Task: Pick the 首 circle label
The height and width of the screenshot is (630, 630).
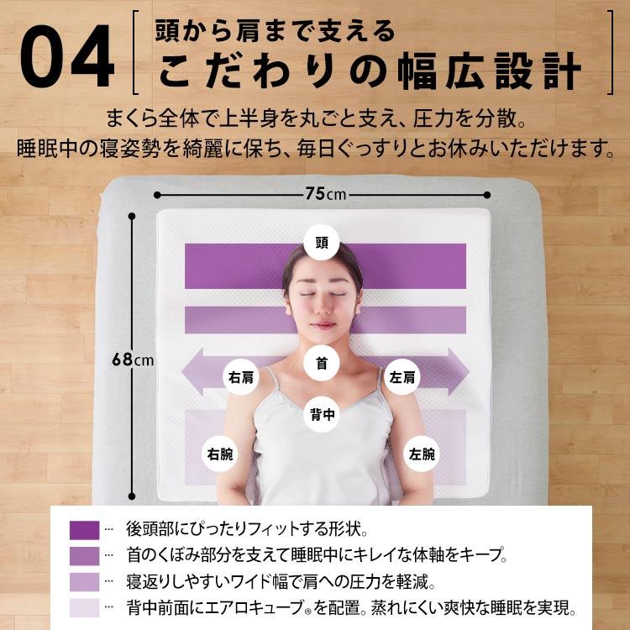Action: [321, 365]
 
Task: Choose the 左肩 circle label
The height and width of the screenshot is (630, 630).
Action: [402, 377]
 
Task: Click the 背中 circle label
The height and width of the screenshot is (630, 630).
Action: [321, 413]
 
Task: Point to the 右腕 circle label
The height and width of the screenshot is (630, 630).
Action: [220, 454]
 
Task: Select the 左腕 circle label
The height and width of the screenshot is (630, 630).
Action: [423, 454]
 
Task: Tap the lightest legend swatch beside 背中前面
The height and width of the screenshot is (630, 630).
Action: [84, 607]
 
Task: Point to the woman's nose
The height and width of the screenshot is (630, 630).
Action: [323, 307]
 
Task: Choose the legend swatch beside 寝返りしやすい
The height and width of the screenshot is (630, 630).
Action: [84, 581]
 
